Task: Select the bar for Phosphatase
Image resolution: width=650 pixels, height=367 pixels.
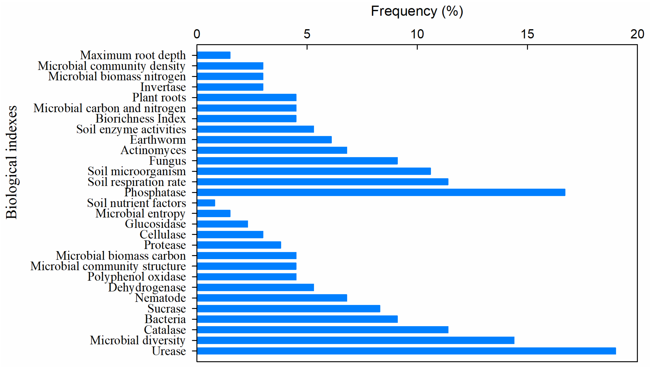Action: pos(381,192)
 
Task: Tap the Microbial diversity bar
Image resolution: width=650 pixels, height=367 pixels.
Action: pos(355,340)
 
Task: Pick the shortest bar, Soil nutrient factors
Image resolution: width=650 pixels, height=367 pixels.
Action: pos(206,203)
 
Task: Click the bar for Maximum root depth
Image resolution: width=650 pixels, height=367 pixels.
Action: pos(214,55)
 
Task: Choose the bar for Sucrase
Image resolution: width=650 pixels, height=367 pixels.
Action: pos(288,308)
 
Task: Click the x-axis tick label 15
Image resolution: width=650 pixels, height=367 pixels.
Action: pos(527,34)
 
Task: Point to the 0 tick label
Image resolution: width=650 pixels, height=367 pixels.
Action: pos(197,34)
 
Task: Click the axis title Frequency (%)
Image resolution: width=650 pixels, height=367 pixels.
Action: pos(417,11)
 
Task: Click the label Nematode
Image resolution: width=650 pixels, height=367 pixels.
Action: pos(160,298)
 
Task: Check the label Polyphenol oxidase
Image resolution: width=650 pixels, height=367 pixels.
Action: pos(137,277)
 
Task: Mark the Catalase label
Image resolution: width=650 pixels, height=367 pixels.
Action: pos(164,330)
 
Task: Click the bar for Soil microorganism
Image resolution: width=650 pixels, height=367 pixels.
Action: pos(314,171)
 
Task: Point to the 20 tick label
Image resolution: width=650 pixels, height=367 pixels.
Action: pos(637,34)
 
